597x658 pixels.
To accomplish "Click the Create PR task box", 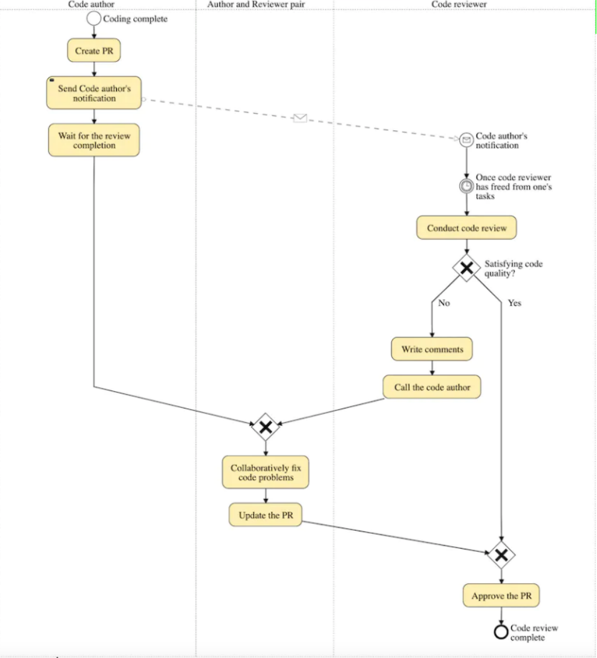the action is (94, 50).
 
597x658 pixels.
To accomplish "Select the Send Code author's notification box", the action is (94, 92).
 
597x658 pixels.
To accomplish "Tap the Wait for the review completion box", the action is (94, 140).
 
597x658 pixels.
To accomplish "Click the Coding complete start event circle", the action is (94, 19).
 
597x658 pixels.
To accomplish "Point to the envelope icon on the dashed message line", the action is (300, 118).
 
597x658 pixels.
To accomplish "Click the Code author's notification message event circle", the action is (466, 140).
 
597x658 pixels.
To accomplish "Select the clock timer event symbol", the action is (466, 186).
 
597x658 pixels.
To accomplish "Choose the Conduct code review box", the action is (467, 228).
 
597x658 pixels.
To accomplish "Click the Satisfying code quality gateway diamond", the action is (467, 268).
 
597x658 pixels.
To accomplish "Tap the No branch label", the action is (444, 303).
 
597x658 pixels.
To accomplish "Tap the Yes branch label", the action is (514, 303).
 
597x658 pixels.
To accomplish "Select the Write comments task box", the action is (432, 349).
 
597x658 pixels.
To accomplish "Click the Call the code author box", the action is (432, 387).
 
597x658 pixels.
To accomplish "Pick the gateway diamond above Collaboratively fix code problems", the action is (265, 427).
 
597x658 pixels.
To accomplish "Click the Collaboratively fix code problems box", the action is (266, 472).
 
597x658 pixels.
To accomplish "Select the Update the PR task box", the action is (265, 515).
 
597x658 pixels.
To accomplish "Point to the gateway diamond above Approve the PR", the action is (501, 555).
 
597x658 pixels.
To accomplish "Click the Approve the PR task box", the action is (501, 595).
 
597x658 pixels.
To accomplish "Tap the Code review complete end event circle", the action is (501, 631).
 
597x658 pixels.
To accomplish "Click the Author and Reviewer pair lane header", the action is (256, 4).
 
